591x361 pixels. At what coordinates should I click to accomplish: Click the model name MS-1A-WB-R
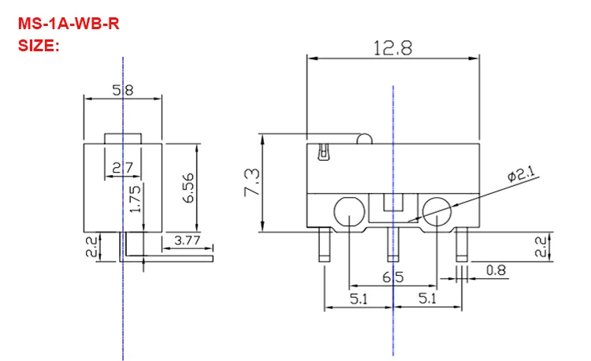coord(69,24)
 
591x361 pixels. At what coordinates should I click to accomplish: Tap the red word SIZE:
coord(39,46)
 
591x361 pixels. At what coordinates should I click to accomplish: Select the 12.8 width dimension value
coord(392,48)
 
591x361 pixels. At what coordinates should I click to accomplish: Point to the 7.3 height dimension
coord(252,182)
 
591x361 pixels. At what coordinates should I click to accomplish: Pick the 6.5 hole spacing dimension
coord(392,277)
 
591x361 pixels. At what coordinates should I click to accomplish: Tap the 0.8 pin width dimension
coord(496,270)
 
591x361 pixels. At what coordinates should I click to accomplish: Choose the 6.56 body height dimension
coord(188,188)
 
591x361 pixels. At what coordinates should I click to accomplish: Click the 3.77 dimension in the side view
coord(188,240)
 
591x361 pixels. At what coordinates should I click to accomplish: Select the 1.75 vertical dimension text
coord(135,199)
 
